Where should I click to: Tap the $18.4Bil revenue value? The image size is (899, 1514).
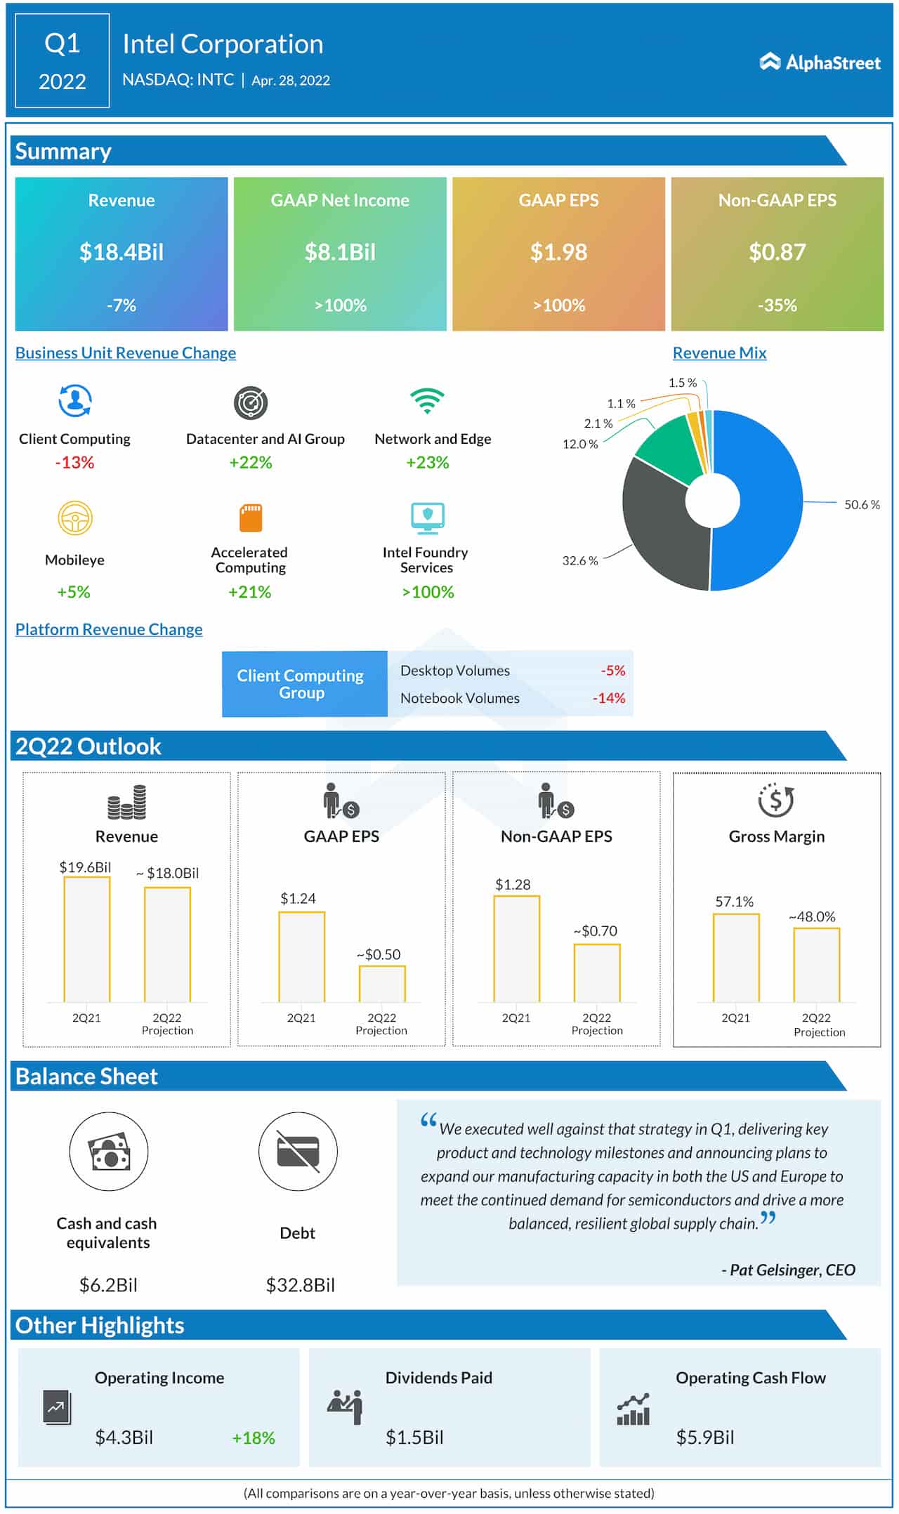121,252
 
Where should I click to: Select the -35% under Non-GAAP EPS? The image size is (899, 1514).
777,305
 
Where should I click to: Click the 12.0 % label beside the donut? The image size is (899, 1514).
579,445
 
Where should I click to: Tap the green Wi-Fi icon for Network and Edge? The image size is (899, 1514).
427,401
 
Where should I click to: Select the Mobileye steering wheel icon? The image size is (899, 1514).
74,519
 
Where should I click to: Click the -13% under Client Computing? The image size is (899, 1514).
74,463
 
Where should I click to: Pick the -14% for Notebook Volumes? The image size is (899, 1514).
608,698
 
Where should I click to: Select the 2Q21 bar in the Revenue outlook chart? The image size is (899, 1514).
87,939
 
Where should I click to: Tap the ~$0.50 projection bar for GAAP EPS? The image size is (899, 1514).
382,984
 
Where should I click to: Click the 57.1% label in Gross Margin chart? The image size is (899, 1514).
734,902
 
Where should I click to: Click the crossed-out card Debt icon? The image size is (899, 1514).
298,1152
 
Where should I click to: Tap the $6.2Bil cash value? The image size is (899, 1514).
108,1285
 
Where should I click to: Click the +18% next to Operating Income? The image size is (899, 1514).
253,1437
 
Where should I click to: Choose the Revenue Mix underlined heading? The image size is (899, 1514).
719,353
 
